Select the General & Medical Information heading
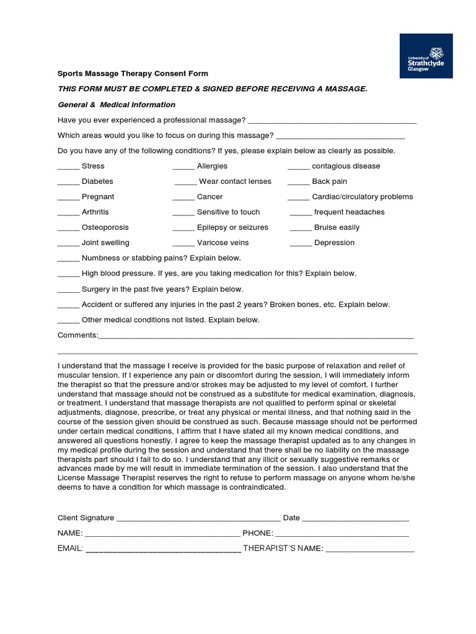coord(117,105)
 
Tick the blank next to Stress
coord(68,167)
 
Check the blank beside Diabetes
coord(68,183)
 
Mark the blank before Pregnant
coord(68,198)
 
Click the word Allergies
coord(212,166)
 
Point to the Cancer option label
coord(209,197)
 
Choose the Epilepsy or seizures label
coord(232,227)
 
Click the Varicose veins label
coord(224,243)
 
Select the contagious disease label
coord(346,166)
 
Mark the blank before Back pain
coord(298,183)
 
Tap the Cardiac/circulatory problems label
coord(362,197)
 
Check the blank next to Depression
coord(301,244)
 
